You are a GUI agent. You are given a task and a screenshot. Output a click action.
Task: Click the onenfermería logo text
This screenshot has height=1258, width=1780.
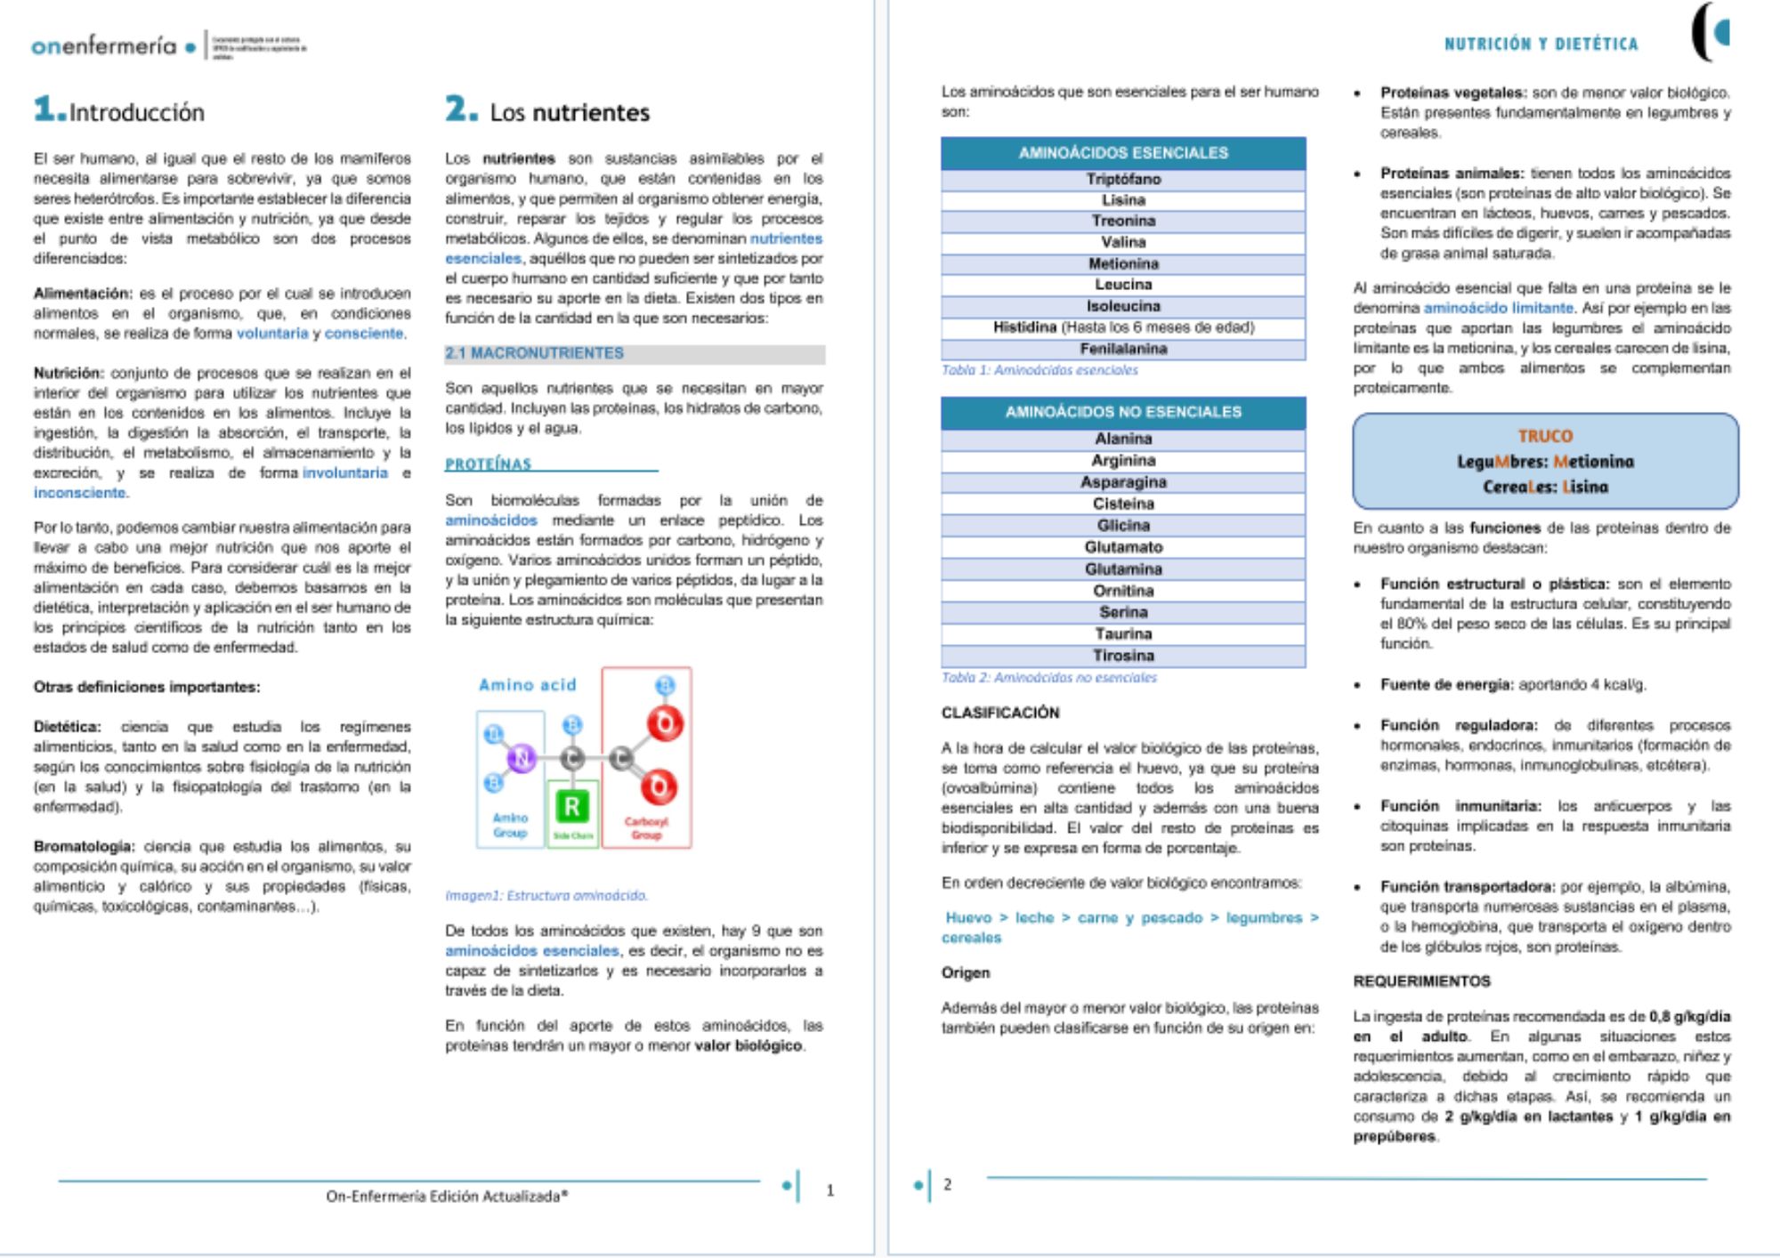point(104,45)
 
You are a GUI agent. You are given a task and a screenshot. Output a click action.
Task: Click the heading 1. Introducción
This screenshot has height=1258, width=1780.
point(119,111)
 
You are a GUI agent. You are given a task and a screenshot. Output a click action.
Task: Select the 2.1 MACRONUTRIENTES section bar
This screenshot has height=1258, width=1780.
point(635,353)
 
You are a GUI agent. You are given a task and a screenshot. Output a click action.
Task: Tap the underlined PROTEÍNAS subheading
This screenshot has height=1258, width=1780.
point(488,464)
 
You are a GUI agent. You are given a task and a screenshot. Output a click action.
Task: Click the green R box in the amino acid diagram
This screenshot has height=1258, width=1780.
point(571,807)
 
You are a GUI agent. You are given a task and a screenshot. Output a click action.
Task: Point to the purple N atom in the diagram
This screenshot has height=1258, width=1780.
point(521,758)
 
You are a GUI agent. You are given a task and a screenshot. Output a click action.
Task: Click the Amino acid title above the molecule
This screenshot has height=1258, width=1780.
point(527,685)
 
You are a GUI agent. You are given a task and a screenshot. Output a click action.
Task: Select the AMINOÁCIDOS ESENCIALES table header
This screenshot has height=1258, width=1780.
point(1123,153)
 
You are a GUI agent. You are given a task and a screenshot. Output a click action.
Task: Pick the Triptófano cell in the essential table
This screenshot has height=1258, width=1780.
point(1123,179)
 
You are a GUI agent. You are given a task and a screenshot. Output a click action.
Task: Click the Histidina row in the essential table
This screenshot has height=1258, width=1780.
point(1123,327)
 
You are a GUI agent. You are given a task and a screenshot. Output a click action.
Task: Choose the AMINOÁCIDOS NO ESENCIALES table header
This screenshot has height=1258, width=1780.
point(1123,412)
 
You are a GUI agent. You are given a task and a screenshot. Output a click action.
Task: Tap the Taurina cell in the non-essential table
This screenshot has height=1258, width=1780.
point(1123,633)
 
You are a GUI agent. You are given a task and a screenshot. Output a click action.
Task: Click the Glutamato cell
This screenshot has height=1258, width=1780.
point(1123,547)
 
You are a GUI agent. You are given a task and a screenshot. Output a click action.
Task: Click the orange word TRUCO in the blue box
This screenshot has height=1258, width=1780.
point(1545,436)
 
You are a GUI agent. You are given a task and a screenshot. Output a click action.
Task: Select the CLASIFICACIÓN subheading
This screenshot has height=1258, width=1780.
point(1000,713)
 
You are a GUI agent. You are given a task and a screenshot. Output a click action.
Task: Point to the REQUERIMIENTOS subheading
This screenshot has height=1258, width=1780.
point(1421,981)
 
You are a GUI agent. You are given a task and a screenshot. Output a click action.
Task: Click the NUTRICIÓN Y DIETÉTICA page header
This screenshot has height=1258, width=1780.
point(1541,44)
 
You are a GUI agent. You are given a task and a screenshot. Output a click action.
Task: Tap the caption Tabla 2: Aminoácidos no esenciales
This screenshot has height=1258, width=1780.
point(1049,678)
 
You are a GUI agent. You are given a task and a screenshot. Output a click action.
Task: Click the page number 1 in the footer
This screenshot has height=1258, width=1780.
point(830,1190)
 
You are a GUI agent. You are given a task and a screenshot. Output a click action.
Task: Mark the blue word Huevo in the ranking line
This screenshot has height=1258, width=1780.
point(968,917)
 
